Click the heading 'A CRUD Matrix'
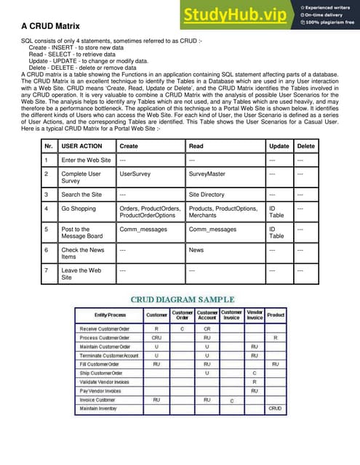pos(50,28)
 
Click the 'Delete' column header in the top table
pos(306,146)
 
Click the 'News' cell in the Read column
pos(196,250)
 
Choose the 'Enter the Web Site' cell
pos(86,161)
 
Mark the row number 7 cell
pos(47,270)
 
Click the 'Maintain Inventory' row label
pos(102,408)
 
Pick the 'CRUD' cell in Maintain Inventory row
pos(275,408)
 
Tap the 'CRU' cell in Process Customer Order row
pos(156,338)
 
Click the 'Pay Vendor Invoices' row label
pos(101,390)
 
